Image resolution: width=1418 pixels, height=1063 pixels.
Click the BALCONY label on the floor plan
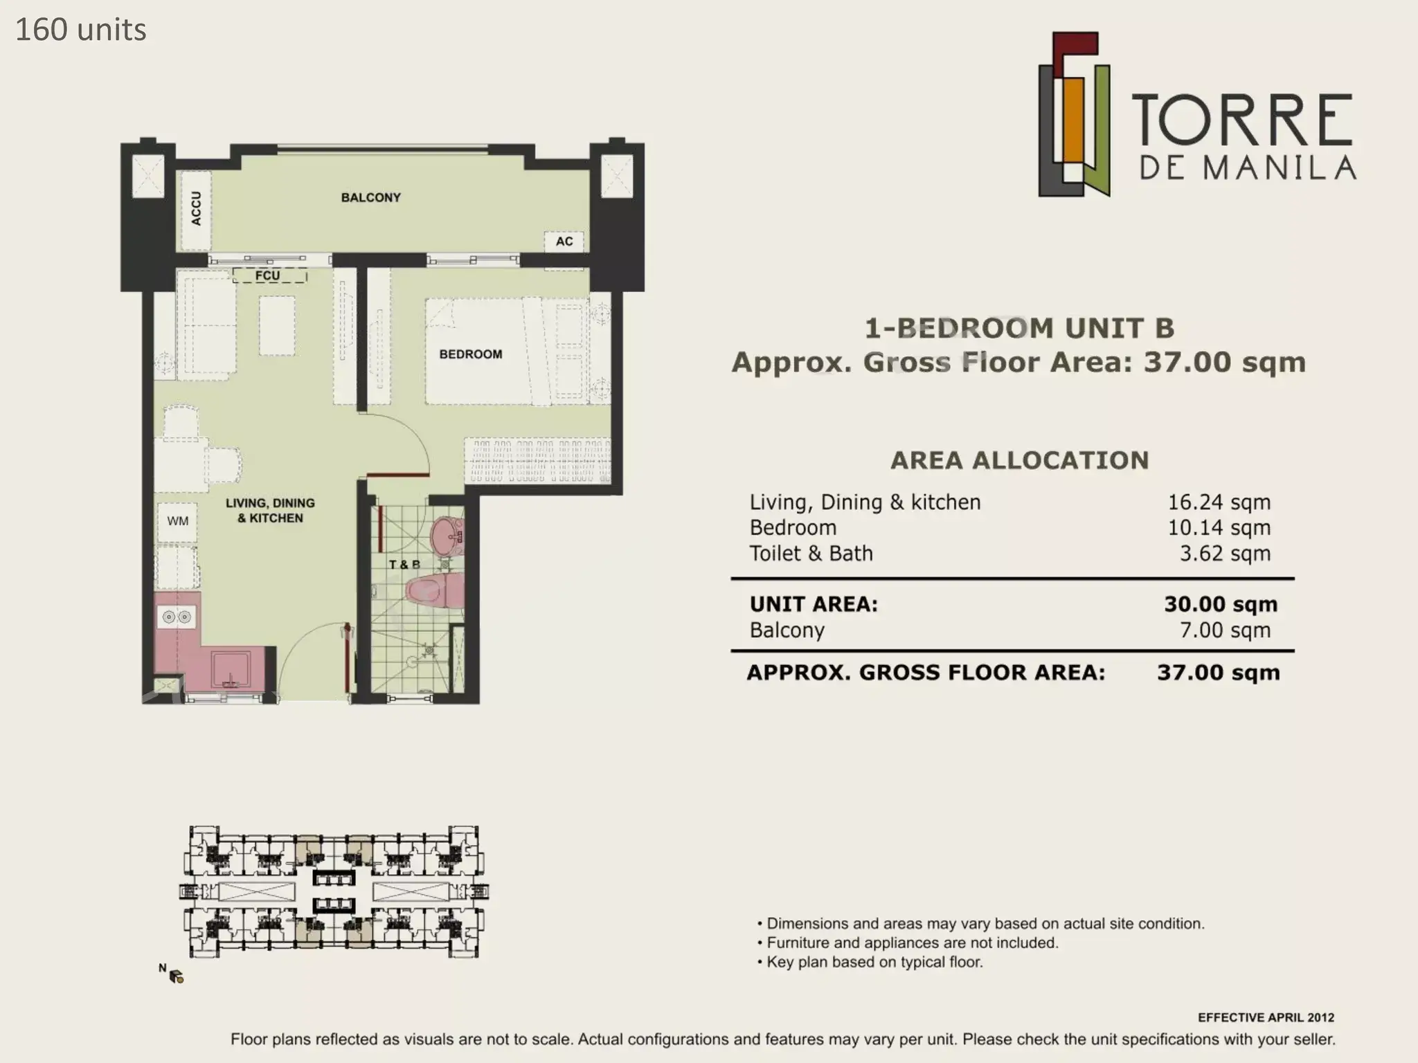tap(370, 197)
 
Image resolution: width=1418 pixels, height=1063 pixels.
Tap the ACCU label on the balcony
tap(196, 208)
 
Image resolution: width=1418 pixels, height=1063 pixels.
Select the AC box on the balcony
tap(564, 241)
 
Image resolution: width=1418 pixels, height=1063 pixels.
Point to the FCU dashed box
tap(269, 275)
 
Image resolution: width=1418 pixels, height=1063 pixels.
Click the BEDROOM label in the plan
tap(471, 354)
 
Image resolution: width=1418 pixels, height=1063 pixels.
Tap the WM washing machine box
tap(178, 521)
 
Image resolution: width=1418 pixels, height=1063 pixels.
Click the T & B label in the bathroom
tap(404, 565)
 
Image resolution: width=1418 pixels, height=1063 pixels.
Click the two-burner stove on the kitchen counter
tap(176, 617)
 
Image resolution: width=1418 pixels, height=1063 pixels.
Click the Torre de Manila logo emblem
tap(1074, 114)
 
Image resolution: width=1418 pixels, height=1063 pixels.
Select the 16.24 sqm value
tap(1219, 502)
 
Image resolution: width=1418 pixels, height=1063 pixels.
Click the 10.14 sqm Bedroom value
tap(1219, 528)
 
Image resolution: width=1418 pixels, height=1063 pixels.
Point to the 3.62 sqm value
tap(1225, 554)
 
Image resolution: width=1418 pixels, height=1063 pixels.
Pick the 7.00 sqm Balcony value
tap(1225, 630)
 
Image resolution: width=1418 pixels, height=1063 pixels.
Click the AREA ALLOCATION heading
tap(1019, 460)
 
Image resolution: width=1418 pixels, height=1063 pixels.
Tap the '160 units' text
tap(81, 30)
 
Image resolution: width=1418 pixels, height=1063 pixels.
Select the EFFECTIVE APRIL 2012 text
tap(1266, 1017)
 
